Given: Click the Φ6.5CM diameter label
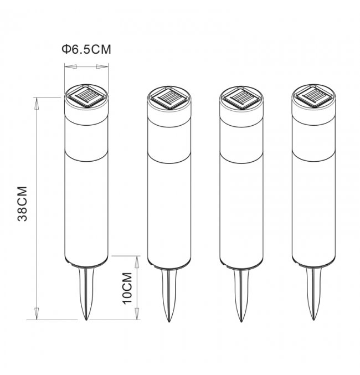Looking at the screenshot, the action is click(86, 49).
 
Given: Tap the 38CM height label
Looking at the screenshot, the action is click(23, 204).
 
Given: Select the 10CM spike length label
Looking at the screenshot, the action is click(127, 288).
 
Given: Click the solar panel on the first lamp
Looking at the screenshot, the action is click(86, 96).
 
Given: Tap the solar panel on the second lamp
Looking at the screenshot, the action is click(169, 98).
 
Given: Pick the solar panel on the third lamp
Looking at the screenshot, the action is click(241, 97).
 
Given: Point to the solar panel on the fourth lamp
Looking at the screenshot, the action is click(313, 96).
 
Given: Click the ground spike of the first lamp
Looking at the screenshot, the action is click(86, 294).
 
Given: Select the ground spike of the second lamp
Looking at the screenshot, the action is click(169, 296).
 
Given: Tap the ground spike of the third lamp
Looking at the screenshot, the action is click(241, 296).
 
